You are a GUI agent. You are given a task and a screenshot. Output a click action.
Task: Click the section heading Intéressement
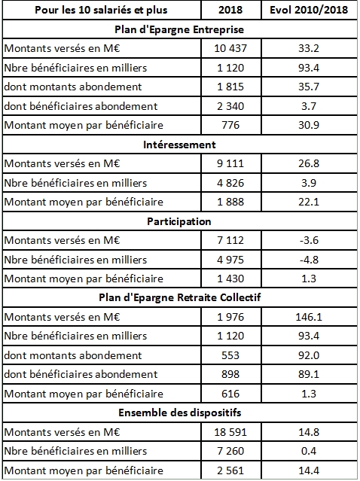coord(179,143)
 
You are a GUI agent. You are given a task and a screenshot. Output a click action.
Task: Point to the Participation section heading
coord(179,221)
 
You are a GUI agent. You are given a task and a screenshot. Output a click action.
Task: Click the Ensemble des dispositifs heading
coord(179,413)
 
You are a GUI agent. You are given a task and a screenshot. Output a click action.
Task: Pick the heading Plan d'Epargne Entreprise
coord(179,29)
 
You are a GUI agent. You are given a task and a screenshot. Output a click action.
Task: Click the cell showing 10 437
coord(233,47)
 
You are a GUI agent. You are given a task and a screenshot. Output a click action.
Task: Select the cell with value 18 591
coord(233,432)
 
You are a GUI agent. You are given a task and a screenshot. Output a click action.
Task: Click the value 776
coord(233,124)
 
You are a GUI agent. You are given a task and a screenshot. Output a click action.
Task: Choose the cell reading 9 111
coord(233,163)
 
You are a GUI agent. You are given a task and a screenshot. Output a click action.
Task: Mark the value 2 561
coord(233,471)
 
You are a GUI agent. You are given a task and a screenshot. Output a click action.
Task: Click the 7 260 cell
coord(233,452)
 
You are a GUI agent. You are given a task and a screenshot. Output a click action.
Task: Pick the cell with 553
coord(233,355)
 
